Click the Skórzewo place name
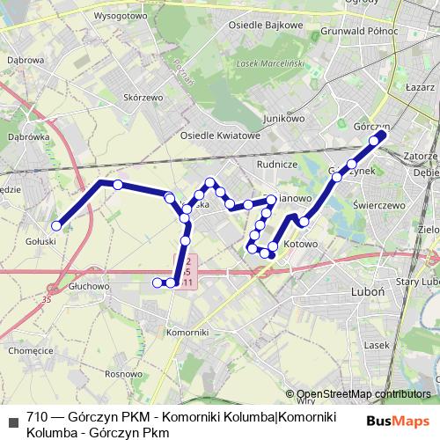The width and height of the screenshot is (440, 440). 146,99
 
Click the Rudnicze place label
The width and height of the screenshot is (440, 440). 275,164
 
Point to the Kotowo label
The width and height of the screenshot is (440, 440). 301,243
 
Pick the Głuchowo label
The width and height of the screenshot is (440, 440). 87,287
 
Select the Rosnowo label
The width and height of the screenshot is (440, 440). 122,374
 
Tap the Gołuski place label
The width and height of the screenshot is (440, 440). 41,240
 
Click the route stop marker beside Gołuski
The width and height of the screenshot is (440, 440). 56,226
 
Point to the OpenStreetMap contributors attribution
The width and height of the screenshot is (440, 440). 363,394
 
